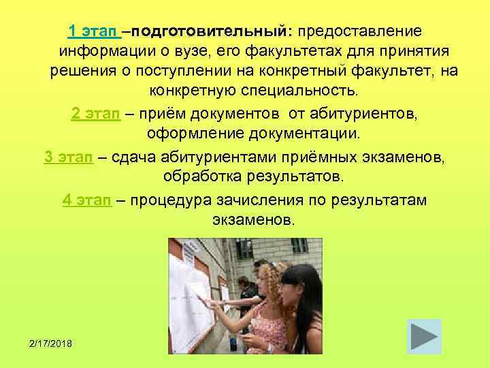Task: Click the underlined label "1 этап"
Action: [x=94, y=32]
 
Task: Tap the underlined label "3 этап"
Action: [x=69, y=157]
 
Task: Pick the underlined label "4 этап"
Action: [x=86, y=200]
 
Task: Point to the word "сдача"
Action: [x=133, y=157]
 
